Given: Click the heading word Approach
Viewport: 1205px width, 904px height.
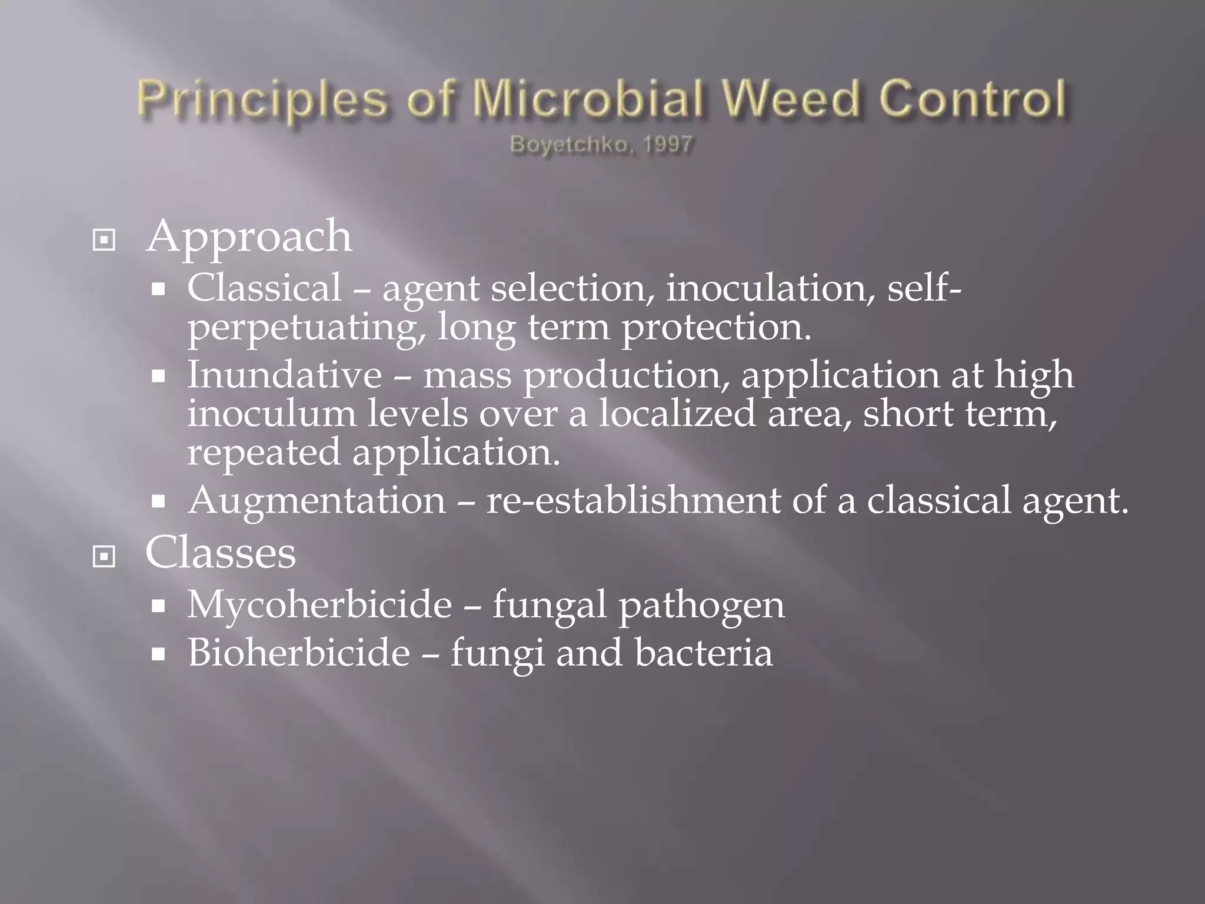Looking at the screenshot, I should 249,237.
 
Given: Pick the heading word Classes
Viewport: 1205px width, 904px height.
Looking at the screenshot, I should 221,553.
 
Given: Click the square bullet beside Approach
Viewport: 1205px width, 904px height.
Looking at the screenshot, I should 104,240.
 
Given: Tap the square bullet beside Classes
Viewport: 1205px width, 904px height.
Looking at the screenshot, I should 104,556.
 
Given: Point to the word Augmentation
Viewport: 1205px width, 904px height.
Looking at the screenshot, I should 317,501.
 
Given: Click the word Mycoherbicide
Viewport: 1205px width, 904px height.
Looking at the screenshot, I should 319,604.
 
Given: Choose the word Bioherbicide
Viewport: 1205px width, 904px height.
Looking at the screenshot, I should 299,653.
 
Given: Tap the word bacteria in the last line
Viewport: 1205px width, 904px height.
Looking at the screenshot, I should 704,653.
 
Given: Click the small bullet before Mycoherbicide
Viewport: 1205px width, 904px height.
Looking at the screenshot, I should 158,606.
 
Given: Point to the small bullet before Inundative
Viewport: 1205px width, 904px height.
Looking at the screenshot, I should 158,377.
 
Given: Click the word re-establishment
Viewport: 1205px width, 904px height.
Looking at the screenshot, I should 633,501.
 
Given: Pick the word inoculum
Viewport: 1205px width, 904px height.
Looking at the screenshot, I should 272,413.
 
